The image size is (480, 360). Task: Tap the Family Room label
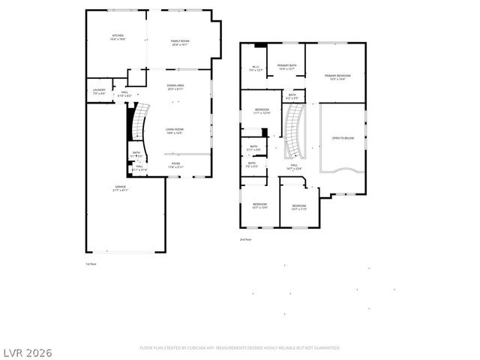[x=179, y=42]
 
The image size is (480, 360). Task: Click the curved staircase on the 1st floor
[x=136, y=123]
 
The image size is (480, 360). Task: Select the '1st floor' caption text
[x=91, y=264]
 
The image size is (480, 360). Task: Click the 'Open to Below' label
[x=343, y=138]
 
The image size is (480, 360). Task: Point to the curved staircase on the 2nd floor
[x=293, y=130]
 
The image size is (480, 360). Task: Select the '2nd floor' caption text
[x=245, y=239]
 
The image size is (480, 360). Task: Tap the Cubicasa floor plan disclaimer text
[x=240, y=348]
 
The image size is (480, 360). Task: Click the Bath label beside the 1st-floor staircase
[x=136, y=154]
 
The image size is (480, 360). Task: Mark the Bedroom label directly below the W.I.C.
[x=261, y=112]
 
